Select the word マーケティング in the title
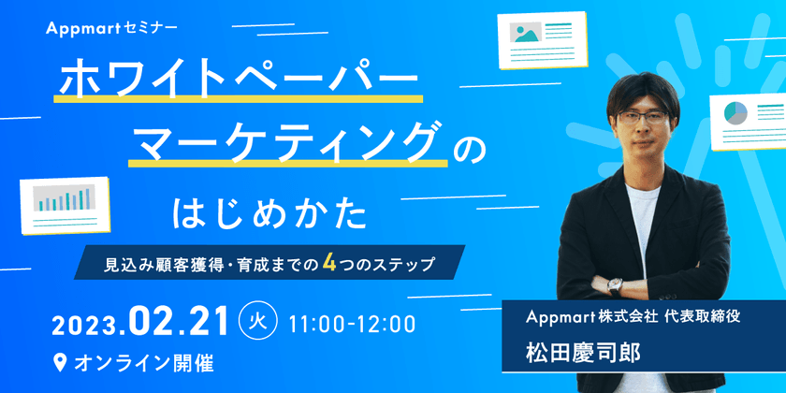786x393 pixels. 285,144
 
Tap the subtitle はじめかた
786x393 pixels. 270,213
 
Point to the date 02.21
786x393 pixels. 179,323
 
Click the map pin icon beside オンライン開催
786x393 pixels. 61,360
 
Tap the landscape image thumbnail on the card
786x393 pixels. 525,32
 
